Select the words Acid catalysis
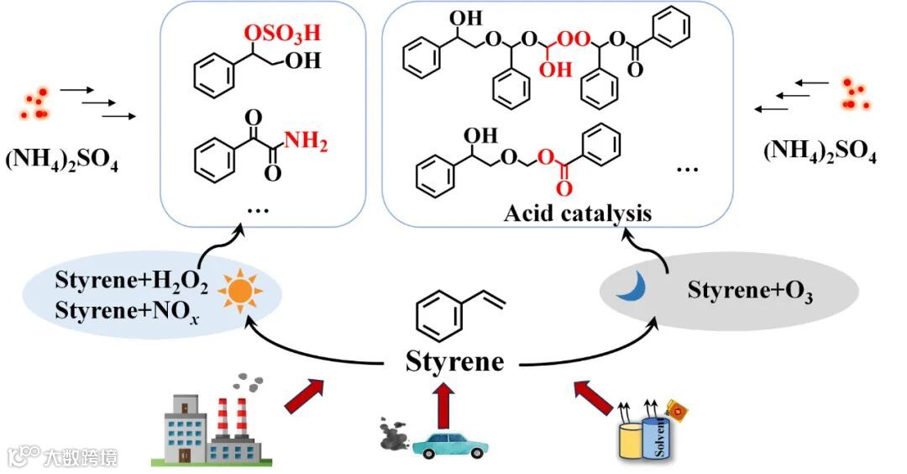click(x=577, y=213)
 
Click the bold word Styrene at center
click(x=455, y=361)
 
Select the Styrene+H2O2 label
click(x=131, y=280)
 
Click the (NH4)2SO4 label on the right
click(x=820, y=153)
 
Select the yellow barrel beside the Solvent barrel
click(x=631, y=440)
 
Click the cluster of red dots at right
click(x=855, y=93)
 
